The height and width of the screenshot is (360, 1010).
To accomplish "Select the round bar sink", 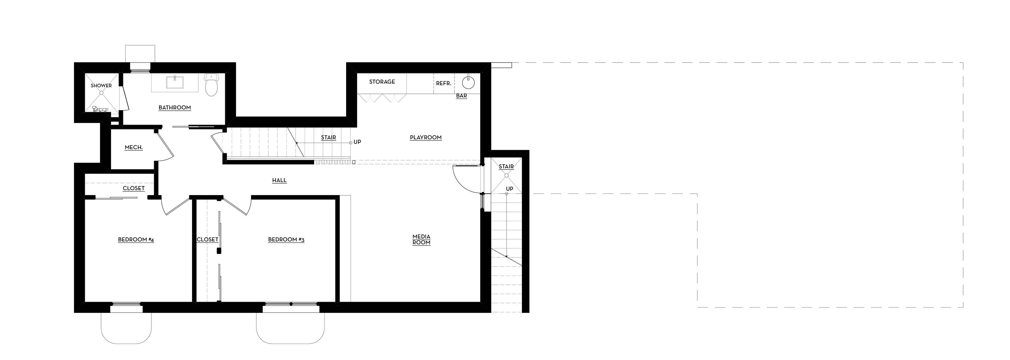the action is pyautogui.click(x=468, y=83).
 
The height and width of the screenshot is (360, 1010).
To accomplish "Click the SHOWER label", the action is pyautogui.click(x=101, y=85).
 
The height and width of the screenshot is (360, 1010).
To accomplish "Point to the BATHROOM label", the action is pyautogui.click(x=175, y=108).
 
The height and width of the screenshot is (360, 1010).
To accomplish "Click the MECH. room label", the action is pyautogui.click(x=134, y=148).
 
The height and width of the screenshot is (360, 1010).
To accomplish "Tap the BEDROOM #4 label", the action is pyautogui.click(x=136, y=240).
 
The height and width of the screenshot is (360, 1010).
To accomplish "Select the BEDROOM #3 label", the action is pyautogui.click(x=286, y=240).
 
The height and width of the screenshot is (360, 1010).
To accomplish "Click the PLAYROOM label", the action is pyautogui.click(x=426, y=138).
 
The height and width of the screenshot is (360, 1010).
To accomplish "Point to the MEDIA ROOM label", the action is pyautogui.click(x=421, y=240).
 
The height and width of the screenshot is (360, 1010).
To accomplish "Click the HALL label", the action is pyautogui.click(x=280, y=180).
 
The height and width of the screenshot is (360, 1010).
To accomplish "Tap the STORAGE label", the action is pyautogui.click(x=382, y=82).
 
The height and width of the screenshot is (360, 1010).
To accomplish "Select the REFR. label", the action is pyautogui.click(x=444, y=84).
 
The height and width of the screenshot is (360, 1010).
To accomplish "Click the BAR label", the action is pyautogui.click(x=462, y=96).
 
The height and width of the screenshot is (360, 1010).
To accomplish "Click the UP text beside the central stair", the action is pyautogui.click(x=357, y=142).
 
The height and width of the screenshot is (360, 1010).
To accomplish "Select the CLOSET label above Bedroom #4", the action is pyautogui.click(x=134, y=188).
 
